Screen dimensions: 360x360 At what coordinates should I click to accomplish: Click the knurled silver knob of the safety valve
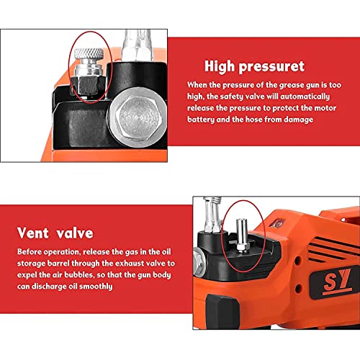click(89, 54)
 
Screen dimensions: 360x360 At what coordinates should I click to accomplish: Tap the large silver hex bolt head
click(138, 117)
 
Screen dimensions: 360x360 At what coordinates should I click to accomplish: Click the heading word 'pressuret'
click(271, 66)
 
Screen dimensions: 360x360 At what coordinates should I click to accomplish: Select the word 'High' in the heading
click(220, 66)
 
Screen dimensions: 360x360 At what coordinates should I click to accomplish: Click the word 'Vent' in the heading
click(33, 233)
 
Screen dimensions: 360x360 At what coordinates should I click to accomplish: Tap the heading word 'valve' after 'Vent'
click(75, 233)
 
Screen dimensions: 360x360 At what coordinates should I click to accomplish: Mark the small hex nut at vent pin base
click(243, 248)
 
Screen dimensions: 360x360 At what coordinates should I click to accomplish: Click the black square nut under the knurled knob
click(89, 86)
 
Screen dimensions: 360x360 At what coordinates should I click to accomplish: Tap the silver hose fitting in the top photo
click(138, 45)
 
